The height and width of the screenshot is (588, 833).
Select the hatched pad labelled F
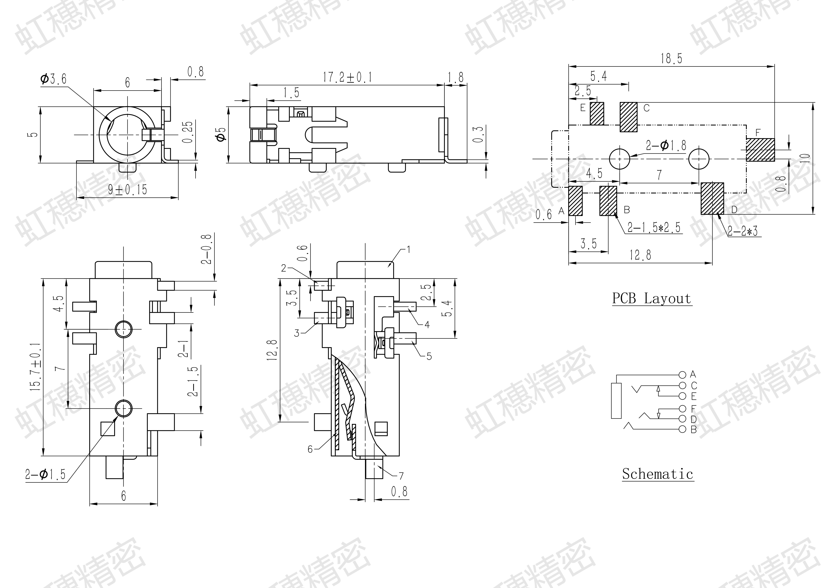pos(760,150)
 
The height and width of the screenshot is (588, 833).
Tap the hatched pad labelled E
pos(597,113)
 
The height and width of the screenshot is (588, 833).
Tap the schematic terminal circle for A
pos(682,374)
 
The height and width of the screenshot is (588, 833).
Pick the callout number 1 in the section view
pos(409,250)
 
